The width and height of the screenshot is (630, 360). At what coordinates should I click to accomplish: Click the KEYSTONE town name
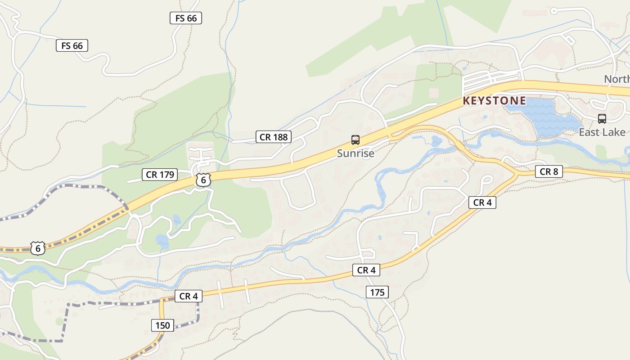[x=494, y=100]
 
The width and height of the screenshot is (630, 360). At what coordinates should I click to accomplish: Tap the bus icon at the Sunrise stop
[x=355, y=140]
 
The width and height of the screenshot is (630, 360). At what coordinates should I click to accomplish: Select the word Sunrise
[x=355, y=153]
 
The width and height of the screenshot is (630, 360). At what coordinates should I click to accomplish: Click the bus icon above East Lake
[x=602, y=119]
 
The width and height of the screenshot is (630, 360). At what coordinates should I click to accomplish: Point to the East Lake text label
[x=602, y=132]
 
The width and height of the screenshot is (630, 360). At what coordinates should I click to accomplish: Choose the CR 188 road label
[x=274, y=137]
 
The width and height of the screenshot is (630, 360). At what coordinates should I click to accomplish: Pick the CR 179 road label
[x=160, y=175]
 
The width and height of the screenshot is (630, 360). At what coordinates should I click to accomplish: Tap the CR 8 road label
[x=549, y=171]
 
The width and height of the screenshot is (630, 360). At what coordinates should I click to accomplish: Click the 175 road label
[x=377, y=292]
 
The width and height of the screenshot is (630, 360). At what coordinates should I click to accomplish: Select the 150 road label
[x=163, y=325]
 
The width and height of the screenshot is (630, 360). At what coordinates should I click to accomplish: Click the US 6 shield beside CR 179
[x=203, y=180]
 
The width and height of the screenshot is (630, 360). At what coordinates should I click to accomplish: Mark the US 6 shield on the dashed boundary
[x=38, y=248]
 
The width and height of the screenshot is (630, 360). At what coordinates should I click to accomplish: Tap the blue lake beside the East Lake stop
[x=544, y=116]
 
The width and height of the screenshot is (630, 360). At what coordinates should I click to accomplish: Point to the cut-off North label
[x=616, y=79]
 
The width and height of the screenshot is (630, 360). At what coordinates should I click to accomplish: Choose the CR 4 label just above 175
[x=366, y=270]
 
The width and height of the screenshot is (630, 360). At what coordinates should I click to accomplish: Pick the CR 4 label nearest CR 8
[x=482, y=202]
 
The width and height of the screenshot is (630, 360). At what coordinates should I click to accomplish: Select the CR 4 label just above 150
[x=189, y=296]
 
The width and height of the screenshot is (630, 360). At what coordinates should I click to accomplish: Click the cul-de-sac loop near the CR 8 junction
[x=486, y=180]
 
